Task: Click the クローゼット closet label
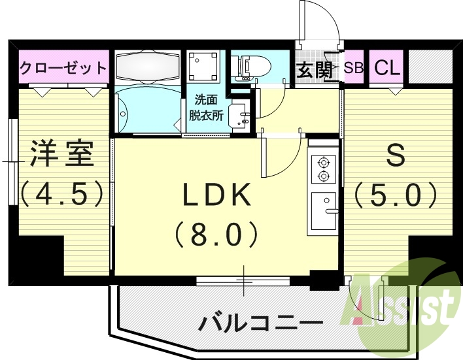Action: tap(63, 68)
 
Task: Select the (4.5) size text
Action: tap(63, 193)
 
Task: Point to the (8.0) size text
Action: tap(216, 233)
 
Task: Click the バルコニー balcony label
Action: tap(260, 323)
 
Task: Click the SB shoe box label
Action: tap(353, 68)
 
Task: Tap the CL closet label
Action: tap(387, 68)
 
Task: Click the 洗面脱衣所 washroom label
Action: tap(206, 108)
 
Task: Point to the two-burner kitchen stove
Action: tap(323, 168)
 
